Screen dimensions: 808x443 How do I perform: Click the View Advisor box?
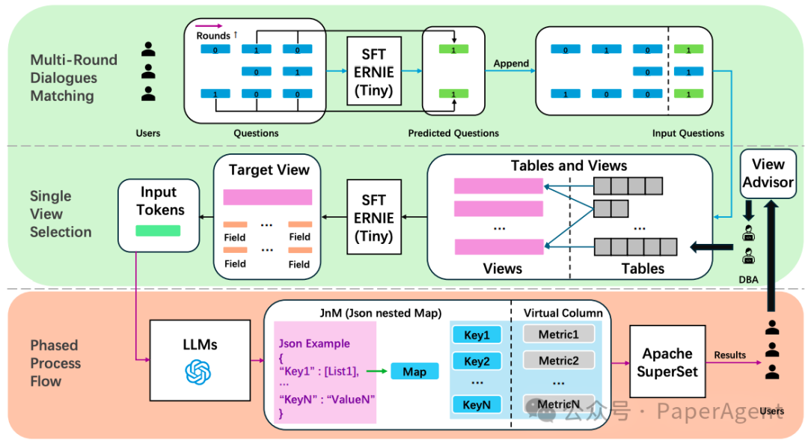(768, 174)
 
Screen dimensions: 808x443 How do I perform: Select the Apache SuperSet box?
(667, 361)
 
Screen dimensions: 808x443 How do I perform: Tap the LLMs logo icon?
(198, 372)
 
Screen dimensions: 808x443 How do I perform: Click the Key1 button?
(477, 334)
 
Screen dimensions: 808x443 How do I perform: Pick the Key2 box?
(477, 361)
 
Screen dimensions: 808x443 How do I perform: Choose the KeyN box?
(477, 405)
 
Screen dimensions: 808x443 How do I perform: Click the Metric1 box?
(559, 334)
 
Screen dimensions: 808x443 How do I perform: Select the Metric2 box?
(559, 361)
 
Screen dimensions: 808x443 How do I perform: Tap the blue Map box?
(414, 371)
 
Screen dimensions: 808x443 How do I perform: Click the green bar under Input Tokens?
(158, 230)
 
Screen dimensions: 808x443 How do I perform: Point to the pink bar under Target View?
(267, 197)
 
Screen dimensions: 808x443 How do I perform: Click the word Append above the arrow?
(511, 63)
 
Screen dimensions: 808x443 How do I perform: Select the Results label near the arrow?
(729, 355)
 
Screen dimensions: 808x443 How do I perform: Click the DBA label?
(748, 280)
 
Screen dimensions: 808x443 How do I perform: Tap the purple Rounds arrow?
(209, 25)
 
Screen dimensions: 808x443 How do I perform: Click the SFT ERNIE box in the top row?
(374, 71)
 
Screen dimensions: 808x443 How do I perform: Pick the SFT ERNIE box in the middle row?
(374, 217)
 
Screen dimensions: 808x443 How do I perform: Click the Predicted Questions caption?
(453, 133)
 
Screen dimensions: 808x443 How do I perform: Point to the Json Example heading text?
(314, 343)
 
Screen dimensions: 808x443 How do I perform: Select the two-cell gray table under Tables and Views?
(611, 209)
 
